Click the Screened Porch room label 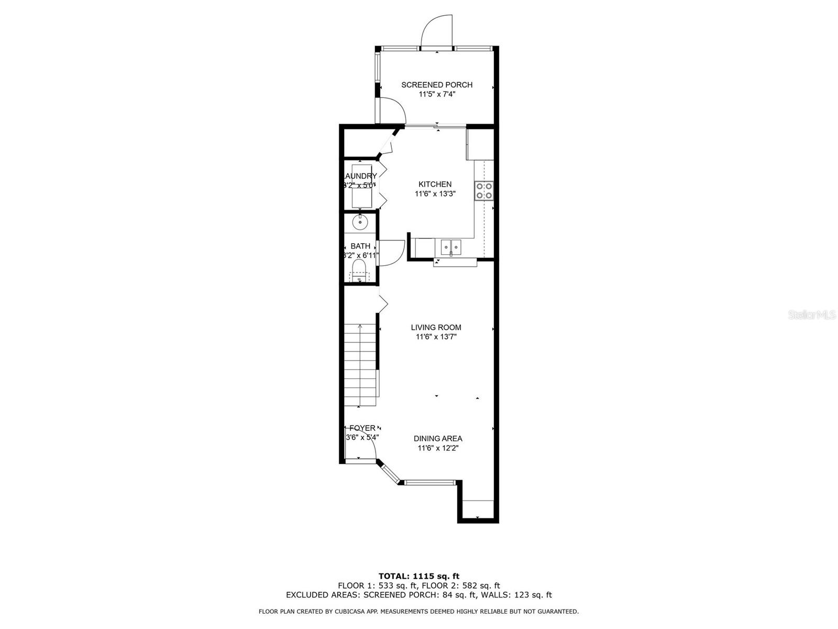pyautogui.click(x=437, y=85)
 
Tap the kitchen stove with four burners pyautogui.click(x=483, y=191)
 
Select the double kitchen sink pyautogui.click(x=450, y=246)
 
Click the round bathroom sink pyautogui.click(x=360, y=222)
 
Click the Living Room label pyautogui.click(x=436, y=328)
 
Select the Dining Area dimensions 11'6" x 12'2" pyautogui.click(x=438, y=448)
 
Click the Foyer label pyautogui.click(x=362, y=428)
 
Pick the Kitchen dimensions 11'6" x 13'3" pyautogui.click(x=435, y=194)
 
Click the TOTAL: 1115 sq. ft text pyautogui.click(x=419, y=576)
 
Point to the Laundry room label pyautogui.click(x=360, y=176)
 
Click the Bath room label pyautogui.click(x=360, y=246)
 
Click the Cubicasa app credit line pyautogui.click(x=419, y=611)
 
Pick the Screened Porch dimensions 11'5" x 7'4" pyautogui.click(x=437, y=94)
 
